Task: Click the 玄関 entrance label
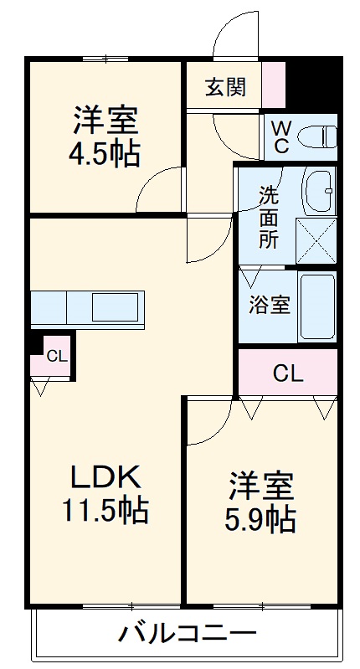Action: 226,87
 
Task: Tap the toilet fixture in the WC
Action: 316,137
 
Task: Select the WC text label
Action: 280,136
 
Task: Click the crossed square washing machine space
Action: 316,240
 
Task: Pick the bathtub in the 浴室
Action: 316,306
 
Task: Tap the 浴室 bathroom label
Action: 270,306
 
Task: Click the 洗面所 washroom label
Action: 269,218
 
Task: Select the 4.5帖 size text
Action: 105,154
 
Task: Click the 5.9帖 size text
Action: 260,519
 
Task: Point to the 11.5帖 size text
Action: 105,511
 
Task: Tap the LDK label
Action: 105,476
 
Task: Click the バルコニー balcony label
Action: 188,634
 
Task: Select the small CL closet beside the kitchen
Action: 54,356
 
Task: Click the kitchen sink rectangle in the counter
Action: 116,306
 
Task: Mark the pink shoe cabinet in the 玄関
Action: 274,85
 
